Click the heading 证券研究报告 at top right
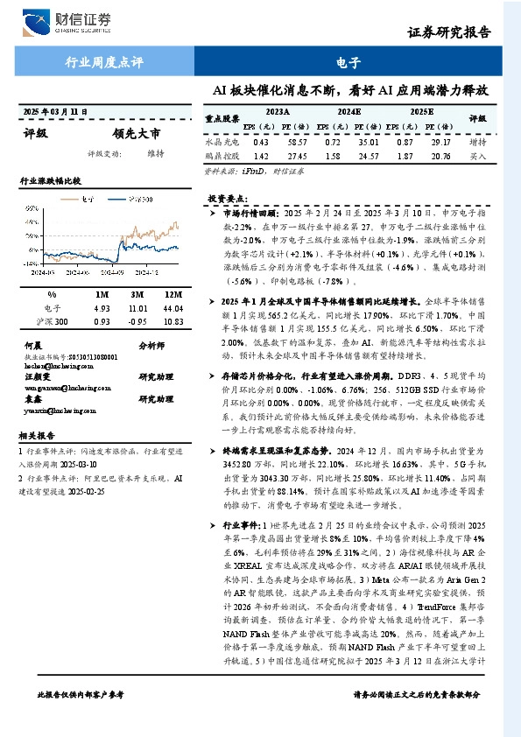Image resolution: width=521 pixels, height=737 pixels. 449,32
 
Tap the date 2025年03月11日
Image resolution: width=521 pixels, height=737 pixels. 55,111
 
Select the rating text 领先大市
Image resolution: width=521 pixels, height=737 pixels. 137,135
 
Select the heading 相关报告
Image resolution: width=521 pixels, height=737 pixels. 37,435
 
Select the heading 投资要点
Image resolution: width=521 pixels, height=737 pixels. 229,199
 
